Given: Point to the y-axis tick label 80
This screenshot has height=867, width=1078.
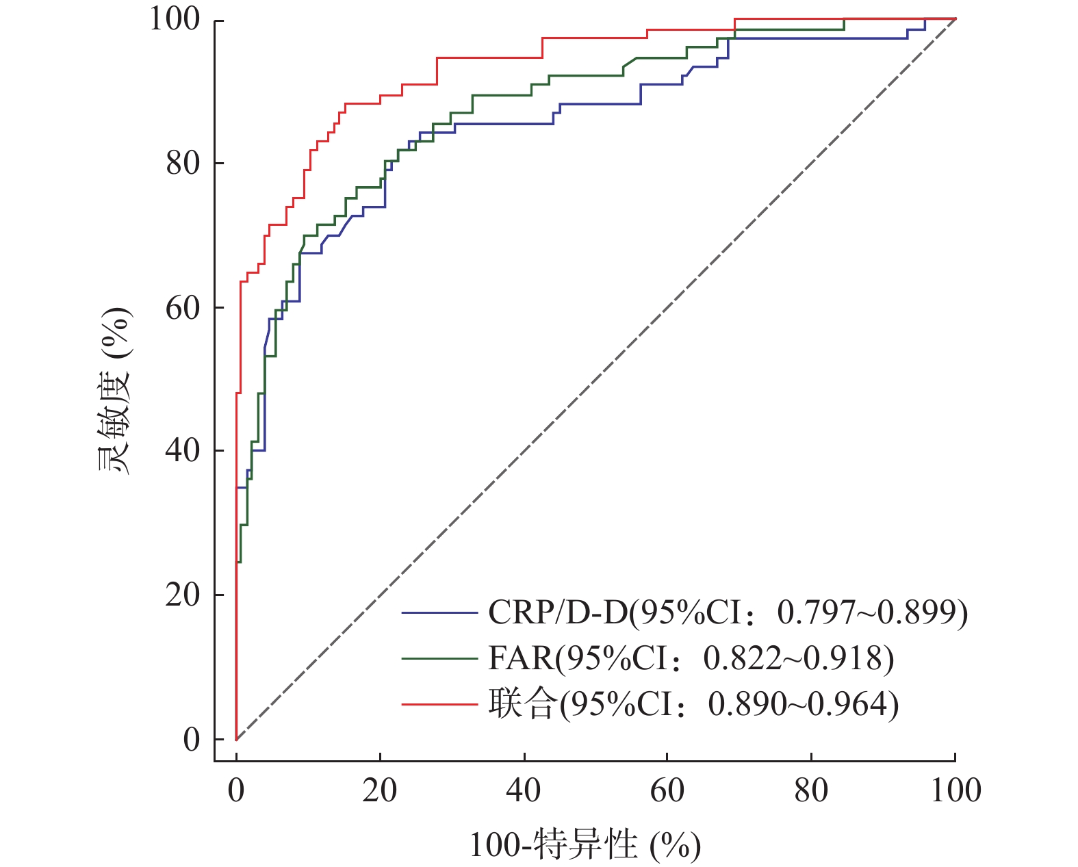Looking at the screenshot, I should pyautogui.click(x=183, y=164).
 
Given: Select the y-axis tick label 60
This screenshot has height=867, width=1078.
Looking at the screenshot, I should pyautogui.click(x=183, y=308).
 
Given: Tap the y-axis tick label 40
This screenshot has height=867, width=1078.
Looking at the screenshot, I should pyautogui.click(x=183, y=451).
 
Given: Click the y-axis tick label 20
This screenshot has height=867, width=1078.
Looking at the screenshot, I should pyautogui.click(x=183, y=595).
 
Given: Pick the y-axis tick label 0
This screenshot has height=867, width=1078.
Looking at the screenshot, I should pyautogui.click(x=192, y=740).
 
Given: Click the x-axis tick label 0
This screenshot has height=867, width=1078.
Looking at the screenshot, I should pyautogui.click(x=236, y=790).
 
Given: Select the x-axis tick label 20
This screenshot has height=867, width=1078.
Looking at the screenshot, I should pyautogui.click(x=380, y=790).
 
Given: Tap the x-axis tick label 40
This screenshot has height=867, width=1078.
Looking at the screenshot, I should pyautogui.click(x=524, y=790).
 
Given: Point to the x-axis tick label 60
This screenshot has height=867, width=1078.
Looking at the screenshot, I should pyautogui.click(x=667, y=790).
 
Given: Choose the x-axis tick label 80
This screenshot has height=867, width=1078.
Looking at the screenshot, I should pyautogui.click(x=811, y=790).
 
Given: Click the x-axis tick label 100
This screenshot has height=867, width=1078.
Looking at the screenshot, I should pyautogui.click(x=955, y=790).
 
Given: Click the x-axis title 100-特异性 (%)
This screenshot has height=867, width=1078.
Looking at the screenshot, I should pyautogui.click(x=585, y=845).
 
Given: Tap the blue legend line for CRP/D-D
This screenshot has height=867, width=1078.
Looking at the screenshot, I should pyautogui.click(x=439, y=612).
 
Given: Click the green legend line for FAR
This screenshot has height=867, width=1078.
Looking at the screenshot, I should pyautogui.click(x=439, y=658).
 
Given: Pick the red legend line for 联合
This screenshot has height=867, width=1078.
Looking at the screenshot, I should pyautogui.click(x=439, y=704).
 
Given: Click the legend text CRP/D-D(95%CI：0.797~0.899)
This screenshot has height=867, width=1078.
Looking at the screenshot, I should pyautogui.click(x=728, y=612).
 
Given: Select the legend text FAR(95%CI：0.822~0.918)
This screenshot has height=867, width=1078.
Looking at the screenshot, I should pyautogui.click(x=691, y=658).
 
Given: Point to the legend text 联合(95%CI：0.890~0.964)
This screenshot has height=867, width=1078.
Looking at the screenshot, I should pyautogui.click(x=693, y=704).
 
